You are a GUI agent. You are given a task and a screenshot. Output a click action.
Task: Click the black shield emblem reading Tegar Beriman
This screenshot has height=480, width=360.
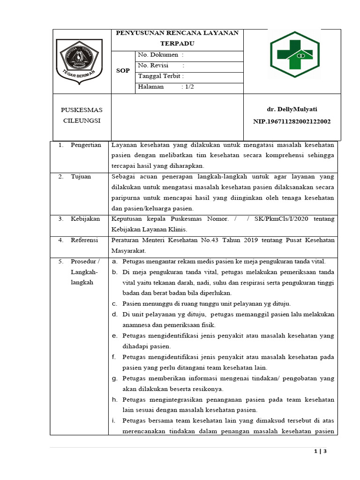[79, 61]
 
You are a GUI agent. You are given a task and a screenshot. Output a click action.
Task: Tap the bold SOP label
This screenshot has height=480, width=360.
[123, 71]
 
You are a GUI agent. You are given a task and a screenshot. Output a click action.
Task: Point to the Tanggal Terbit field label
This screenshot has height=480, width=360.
[161, 76]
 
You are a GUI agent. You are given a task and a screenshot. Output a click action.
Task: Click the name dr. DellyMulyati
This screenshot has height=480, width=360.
[292, 109]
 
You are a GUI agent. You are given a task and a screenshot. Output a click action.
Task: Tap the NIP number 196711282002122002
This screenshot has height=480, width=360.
[292, 121]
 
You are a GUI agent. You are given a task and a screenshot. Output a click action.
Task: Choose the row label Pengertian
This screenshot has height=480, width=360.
[86, 145]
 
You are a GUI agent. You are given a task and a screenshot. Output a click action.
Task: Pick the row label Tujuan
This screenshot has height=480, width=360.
[81, 177]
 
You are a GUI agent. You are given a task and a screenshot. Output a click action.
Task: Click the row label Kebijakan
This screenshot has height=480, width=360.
[85, 219]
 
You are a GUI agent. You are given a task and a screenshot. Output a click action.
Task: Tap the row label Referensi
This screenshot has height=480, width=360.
[84, 240]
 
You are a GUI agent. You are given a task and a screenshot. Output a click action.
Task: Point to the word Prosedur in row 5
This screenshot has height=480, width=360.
[82, 261]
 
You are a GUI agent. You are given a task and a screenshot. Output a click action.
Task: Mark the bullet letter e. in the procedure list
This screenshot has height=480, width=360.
[114, 336]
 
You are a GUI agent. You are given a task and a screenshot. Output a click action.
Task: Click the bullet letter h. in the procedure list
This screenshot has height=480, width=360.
[114, 399]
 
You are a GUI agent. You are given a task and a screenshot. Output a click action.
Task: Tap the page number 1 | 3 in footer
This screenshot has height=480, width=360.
[320, 451]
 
